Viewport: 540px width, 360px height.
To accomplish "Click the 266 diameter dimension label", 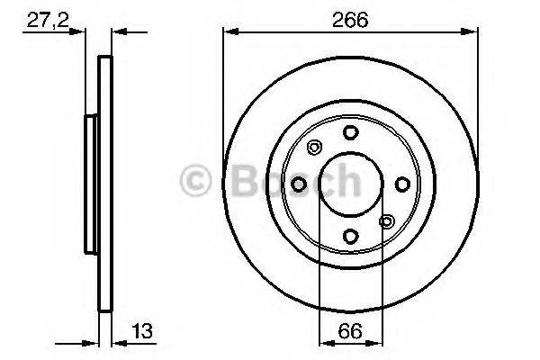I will [350, 17].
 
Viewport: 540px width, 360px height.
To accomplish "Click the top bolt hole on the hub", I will [350, 133].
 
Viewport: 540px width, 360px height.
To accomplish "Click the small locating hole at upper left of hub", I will [314, 148].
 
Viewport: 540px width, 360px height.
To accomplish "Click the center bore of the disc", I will [350, 184].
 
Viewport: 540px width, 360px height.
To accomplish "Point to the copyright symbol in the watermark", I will [195, 179].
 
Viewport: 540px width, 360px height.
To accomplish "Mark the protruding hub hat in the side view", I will [89, 184].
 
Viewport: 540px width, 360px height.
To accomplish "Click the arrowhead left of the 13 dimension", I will [92, 343].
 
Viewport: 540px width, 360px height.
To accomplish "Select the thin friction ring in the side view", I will [103, 184].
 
